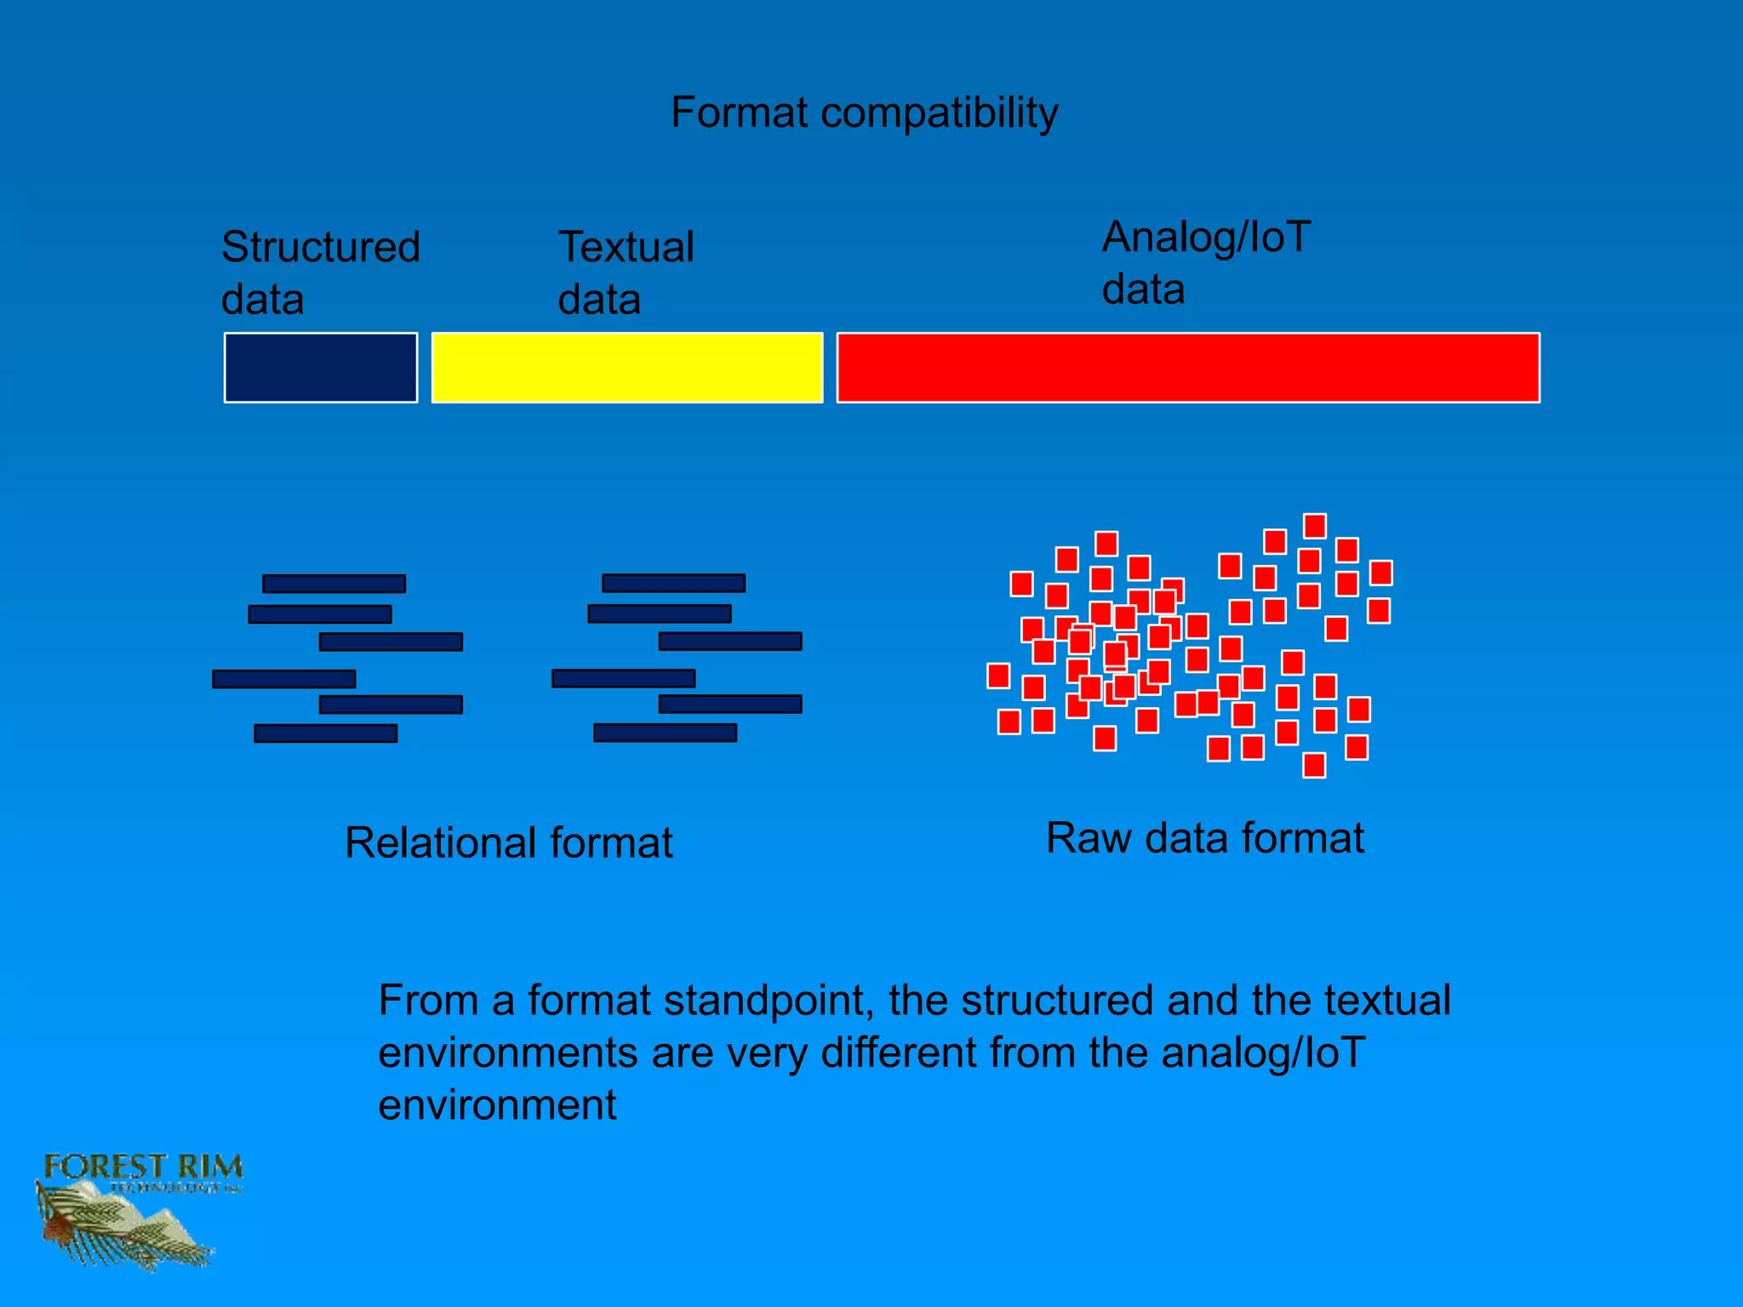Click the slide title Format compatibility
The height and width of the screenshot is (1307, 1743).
(864, 113)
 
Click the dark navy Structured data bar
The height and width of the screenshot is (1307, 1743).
(321, 368)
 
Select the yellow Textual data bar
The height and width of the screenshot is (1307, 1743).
(627, 368)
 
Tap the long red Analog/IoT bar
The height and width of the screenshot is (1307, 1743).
(1188, 368)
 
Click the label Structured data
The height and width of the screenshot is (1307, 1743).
(320, 273)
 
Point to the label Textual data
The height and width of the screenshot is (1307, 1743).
(626, 273)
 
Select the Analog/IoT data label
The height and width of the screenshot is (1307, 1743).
(1206, 263)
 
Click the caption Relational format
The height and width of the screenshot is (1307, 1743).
(508, 843)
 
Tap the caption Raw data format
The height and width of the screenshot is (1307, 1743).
(1204, 838)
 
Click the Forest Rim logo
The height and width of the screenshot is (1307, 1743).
(136, 1208)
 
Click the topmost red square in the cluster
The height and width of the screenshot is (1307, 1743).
(1315, 526)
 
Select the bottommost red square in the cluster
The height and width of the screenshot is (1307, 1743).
(1314, 765)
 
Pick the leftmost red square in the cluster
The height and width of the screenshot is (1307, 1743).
(998, 676)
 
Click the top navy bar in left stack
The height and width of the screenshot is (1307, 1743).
(334, 584)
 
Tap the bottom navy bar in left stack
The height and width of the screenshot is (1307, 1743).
(325, 733)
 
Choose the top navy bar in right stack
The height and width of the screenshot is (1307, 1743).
(673, 583)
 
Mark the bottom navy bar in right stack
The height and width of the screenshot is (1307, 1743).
(665, 733)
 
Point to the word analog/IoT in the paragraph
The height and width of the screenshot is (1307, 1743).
(1263, 1053)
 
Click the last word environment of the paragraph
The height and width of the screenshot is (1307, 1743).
(497, 1105)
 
